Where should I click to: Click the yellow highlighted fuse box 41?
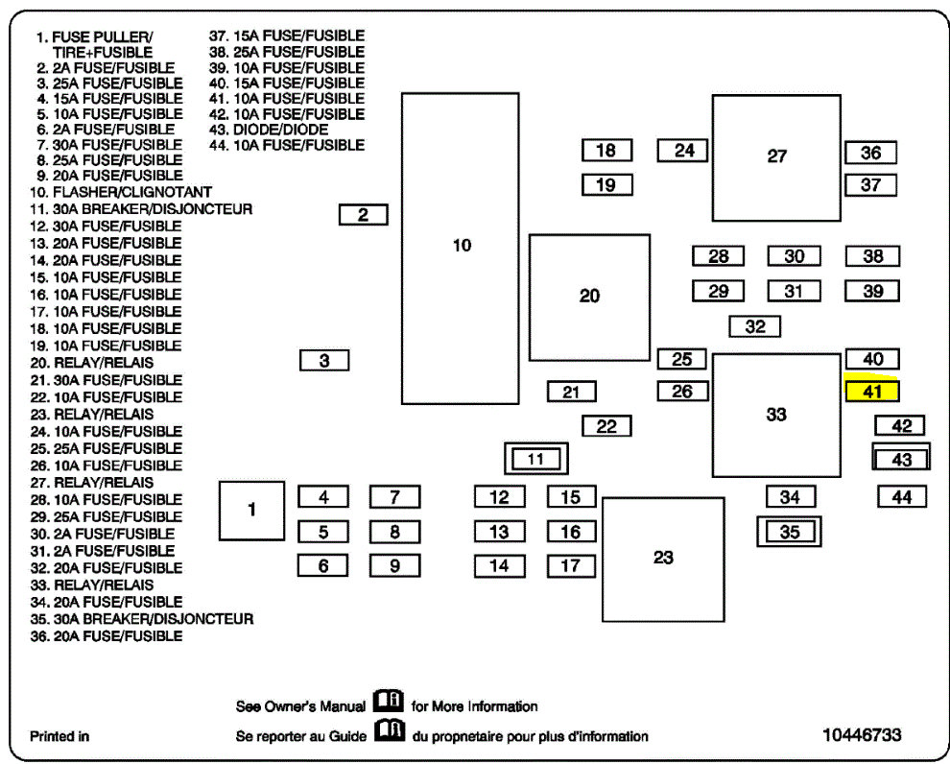pyautogui.click(x=871, y=392)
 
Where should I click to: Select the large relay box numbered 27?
pyautogui.click(x=776, y=157)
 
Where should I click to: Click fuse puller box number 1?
pyautogui.click(x=251, y=510)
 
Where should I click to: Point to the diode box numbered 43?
pyautogui.click(x=901, y=460)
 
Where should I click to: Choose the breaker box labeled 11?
pyautogui.click(x=535, y=459)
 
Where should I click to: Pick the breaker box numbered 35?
pyautogui.click(x=789, y=531)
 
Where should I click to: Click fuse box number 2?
pyautogui.click(x=363, y=215)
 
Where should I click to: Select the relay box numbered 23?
pyautogui.click(x=663, y=559)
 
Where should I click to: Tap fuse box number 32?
pyautogui.click(x=754, y=326)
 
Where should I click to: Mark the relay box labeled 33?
pyautogui.click(x=775, y=415)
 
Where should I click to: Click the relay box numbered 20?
pyautogui.click(x=589, y=297)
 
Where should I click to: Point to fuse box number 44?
pyautogui.click(x=901, y=496)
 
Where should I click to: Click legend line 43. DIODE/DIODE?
pyautogui.click(x=268, y=129)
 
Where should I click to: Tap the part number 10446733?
pyautogui.click(x=862, y=735)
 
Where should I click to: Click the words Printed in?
pyautogui.click(x=59, y=736)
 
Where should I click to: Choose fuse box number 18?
pyautogui.click(x=606, y=151)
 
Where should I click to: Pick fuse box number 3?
pyautogui.click(x=324, y=361)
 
